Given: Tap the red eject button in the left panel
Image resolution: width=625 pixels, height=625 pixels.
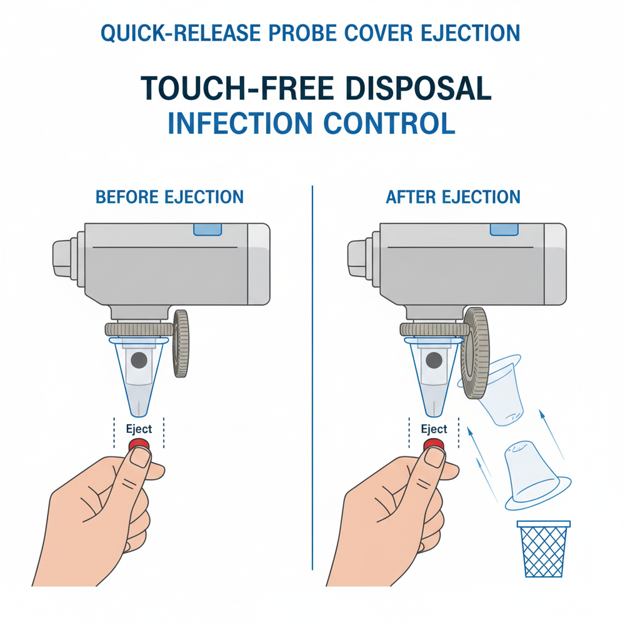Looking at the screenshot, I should pos(139,444).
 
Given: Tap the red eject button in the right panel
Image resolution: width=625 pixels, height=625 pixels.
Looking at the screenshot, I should pos(433,444).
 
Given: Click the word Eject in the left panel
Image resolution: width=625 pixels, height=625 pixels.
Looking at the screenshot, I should pos(139,429).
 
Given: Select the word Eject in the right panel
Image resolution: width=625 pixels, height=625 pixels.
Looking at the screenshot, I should pos(434,429).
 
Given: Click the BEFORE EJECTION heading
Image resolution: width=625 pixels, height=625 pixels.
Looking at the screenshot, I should pos(169,197).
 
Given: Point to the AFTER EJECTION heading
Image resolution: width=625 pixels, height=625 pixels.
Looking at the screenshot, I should pos(453,197).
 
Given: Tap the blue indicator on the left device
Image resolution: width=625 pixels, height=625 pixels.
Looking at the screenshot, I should pos(208,230).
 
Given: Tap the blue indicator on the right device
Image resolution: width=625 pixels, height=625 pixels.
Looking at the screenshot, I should pos(504,230).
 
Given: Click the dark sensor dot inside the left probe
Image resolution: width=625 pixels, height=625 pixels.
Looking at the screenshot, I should pos(139,360).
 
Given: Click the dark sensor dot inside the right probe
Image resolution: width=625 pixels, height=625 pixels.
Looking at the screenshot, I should pos(434,360).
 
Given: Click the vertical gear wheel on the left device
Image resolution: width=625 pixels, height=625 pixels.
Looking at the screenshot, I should pos(181,343).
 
